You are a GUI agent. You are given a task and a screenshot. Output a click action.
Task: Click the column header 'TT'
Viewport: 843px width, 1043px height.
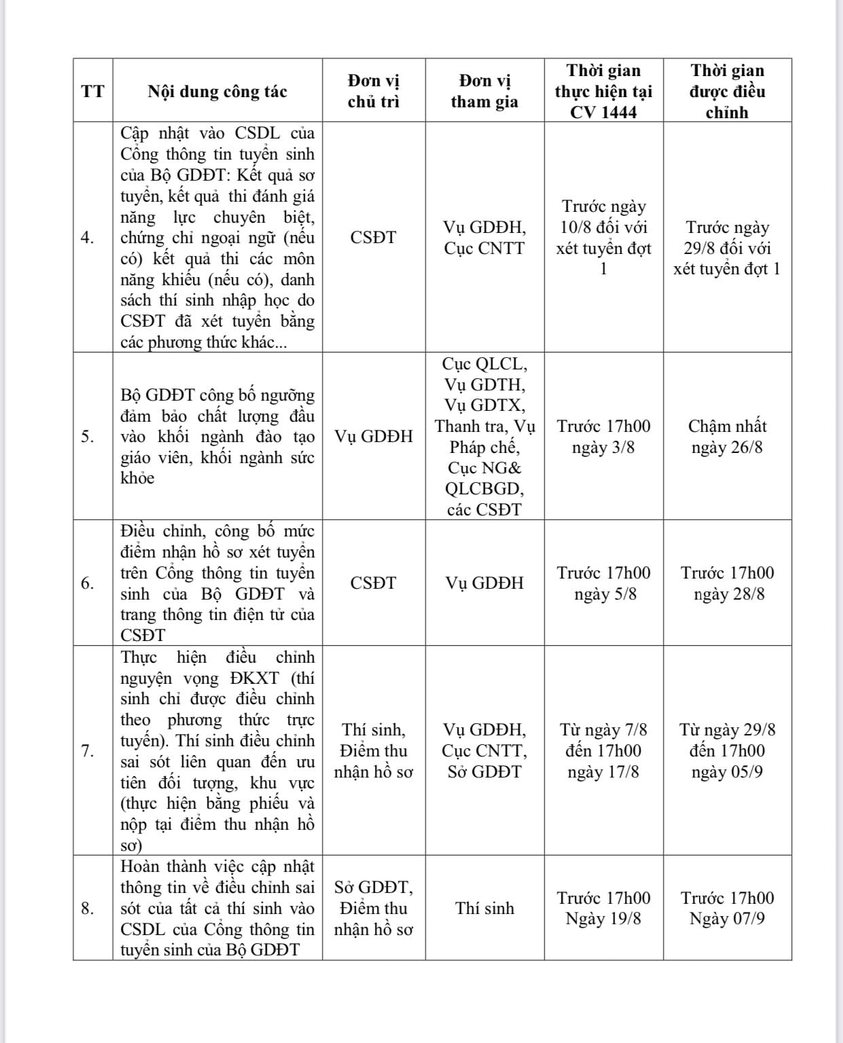pyautogui.click(x=93, y=91)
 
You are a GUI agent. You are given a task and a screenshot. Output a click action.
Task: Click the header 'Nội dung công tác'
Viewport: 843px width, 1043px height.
pyautogui.click(x=217, y=92)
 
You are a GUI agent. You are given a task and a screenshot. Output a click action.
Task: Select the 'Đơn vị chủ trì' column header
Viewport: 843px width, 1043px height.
pyautogui.click(x=374, y=91)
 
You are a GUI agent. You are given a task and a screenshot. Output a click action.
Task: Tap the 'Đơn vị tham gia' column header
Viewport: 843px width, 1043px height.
pyautogui.click(x=484, y=91)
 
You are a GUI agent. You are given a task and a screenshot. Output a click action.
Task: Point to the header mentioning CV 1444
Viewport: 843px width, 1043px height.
pyautogui.click(x=603, y=91)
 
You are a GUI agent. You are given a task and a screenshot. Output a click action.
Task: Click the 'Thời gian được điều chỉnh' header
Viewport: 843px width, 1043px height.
pyautogui.click(x=727, y=91)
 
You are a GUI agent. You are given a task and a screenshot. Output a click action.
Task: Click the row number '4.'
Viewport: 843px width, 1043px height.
pyautogui.click(x=88, y=237)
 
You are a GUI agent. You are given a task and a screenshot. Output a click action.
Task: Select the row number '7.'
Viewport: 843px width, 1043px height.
pyautogui.click(x=88, y=750)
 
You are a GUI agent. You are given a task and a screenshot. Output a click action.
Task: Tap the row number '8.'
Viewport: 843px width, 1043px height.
pyautogui.click(x=88, y=908)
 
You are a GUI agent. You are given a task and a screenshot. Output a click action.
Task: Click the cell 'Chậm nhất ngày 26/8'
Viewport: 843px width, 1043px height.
pyautogui.click(x=727, y=437)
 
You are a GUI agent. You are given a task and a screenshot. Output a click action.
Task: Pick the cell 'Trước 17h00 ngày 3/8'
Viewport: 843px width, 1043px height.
pyautogui.click(x=603, y=437)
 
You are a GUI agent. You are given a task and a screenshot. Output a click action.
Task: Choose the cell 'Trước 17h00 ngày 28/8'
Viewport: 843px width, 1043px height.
pyautogui.click(x=727, y=583)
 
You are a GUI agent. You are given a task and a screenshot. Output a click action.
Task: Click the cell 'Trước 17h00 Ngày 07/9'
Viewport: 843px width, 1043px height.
pyautogui.click(x=727, y=908)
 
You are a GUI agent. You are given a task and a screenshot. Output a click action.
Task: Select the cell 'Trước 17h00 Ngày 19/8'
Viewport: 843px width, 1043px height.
pyautogui.click(x=603, y=908)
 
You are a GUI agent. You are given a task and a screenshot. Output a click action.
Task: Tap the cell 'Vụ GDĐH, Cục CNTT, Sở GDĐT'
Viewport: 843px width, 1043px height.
pyautogui.click(x=484, y=750)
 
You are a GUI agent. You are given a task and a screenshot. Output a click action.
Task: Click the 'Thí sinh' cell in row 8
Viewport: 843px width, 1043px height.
pyautogui.click(x=484, y=908)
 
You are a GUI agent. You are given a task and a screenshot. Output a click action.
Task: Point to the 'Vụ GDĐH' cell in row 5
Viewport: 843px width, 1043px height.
pyautogui.click(x=374, y=437)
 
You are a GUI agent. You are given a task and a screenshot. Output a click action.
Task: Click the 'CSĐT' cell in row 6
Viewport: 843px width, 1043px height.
pyautogui.click(x=374, y=583)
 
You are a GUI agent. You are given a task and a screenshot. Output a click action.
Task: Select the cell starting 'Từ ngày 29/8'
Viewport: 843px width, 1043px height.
pyautogui.click(x=727, y=750)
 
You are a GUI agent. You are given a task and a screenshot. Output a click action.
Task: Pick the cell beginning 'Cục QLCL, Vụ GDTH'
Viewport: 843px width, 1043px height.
pyautogui.click(x=484, y=437)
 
